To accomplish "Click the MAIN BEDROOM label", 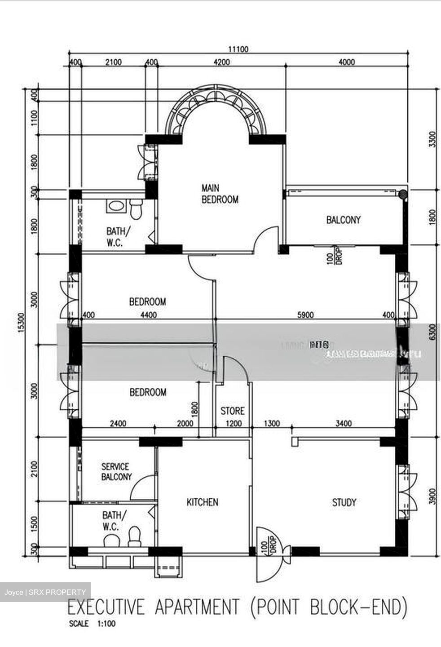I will pyautogui.click(x=220, y=194).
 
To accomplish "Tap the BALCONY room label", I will pyautogui.click(x=343, y=220).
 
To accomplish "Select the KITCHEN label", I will pyautogui.click(x=203, y=502).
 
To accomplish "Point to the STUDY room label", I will pyautogui.click(x=344, y=502).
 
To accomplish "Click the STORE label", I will pyautogui.click(x=233, y=411).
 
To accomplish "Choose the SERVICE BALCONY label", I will pyautogui.click(x=116, y=472).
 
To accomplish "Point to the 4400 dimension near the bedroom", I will pyautogui.click(x=148, y=315).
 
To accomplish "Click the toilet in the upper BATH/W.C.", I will pyautogui.click(x=136, y=209).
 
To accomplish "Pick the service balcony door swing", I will pyautogui.click(x=143, y=488).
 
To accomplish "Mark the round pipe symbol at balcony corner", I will pyautogui.click(x=403, y=195).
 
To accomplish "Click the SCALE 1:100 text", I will pyautogui.click(x=92, y=624).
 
